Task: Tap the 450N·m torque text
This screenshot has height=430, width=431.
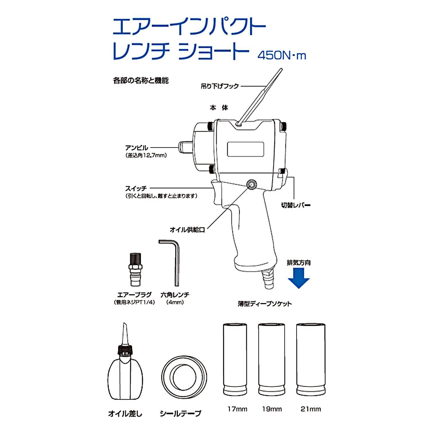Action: click(x=282, y=55)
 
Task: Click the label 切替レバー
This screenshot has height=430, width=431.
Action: click(x=296, y=206)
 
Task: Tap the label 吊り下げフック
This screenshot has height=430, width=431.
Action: click(x=220, y=86)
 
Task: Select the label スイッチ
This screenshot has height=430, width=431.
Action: click(x=136, y=188)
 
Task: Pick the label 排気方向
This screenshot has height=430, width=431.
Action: click(x=299, y=263)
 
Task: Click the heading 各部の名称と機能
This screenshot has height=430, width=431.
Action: click(x=141, y=81)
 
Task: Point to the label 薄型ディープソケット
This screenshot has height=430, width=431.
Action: click(x=265, y=304)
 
